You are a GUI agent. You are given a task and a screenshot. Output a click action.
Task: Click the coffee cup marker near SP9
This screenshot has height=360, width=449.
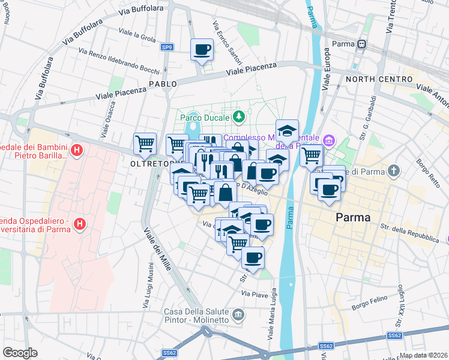coord(202,49)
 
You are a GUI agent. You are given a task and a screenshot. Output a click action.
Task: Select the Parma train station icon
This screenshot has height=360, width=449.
coord(362,44)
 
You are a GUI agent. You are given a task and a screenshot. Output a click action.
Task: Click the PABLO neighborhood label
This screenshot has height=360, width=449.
coord(163,84)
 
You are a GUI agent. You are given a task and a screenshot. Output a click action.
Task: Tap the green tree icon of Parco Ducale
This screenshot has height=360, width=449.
coord(239,115)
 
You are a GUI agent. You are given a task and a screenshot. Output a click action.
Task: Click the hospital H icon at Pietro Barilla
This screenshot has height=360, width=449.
coord(76,149)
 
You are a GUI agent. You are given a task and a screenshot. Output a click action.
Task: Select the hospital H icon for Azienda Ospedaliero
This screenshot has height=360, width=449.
coord(79,224)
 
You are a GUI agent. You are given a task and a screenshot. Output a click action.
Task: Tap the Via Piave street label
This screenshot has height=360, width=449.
coord(253,294)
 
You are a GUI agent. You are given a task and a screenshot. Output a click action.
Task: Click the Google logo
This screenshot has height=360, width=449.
coord(20,353)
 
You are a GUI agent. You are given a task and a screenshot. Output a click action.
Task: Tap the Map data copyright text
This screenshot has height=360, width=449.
coord(423,355)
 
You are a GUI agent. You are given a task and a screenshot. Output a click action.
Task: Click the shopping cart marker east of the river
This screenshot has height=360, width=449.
coord(311,155)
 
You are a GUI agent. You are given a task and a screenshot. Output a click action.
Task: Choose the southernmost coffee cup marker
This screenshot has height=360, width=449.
coord(253,258)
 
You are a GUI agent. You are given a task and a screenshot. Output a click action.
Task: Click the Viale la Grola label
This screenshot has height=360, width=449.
coord(137,37)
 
